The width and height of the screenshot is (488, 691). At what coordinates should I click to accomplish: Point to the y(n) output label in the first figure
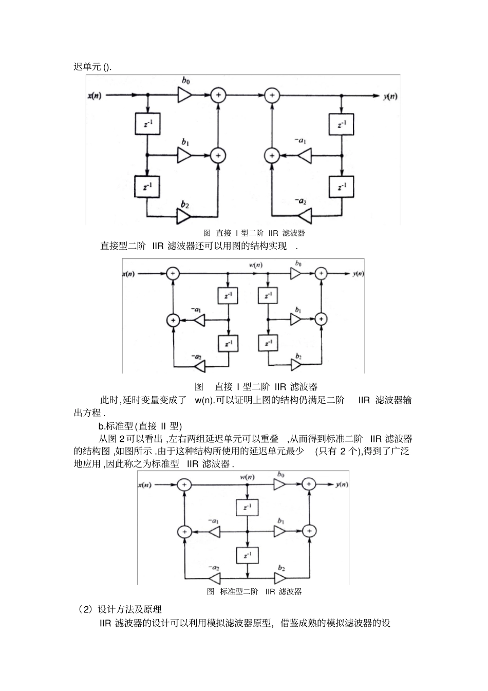390,96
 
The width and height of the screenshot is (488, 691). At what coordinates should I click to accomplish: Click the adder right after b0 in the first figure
219,95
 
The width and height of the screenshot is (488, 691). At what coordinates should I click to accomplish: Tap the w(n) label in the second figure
255,265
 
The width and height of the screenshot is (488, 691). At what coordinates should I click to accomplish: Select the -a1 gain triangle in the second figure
199,320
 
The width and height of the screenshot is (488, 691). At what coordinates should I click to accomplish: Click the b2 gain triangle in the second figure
296,365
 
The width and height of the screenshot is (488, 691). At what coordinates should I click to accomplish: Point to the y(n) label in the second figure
358,274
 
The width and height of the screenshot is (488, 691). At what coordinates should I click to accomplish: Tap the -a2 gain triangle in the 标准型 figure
214,578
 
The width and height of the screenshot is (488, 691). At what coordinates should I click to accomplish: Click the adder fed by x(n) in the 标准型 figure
184,484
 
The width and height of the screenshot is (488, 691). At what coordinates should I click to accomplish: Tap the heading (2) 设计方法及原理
120,609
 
